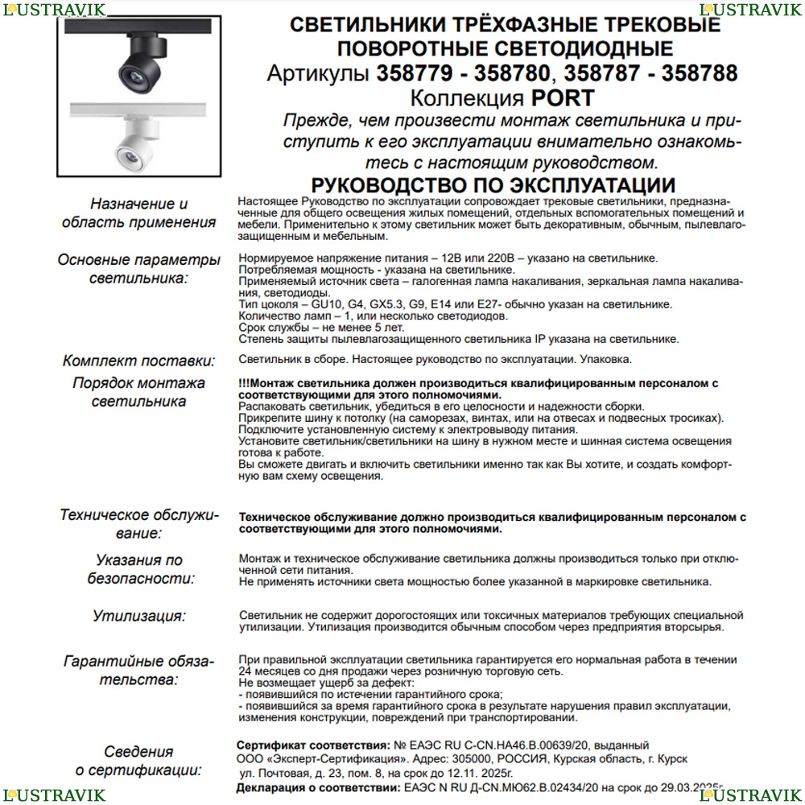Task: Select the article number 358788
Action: point(699,74)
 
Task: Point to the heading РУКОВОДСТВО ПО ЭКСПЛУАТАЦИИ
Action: point(493,186)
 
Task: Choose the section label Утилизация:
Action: point(138,617)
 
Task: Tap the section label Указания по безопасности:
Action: point(138,568)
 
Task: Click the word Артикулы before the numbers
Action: point(320,74)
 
